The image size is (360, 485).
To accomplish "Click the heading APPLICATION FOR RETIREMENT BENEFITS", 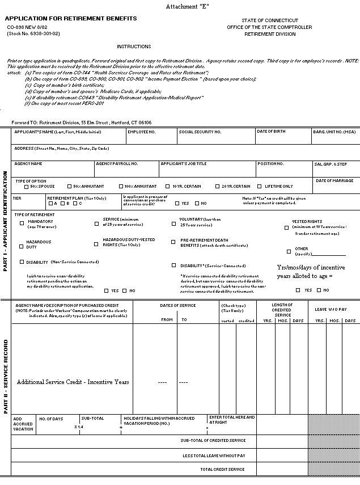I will point(71,19).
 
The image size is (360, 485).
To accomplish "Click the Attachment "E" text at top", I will point(187,6).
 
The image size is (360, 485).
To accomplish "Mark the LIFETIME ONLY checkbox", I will point(260,186).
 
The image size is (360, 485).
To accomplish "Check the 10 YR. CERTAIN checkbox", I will point(168,186).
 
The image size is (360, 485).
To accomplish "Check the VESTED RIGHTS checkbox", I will point(287,227).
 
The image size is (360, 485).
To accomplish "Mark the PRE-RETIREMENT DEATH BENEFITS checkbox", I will point(174,242).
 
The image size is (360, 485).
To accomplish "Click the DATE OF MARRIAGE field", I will point(335,185).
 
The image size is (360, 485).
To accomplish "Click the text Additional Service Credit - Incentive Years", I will point(73,382).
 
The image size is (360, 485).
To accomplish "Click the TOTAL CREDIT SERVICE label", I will point(222,469).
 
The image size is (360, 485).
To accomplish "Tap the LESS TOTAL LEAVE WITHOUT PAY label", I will point(214,455).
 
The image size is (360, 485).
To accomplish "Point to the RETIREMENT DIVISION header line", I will point(269,34).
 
